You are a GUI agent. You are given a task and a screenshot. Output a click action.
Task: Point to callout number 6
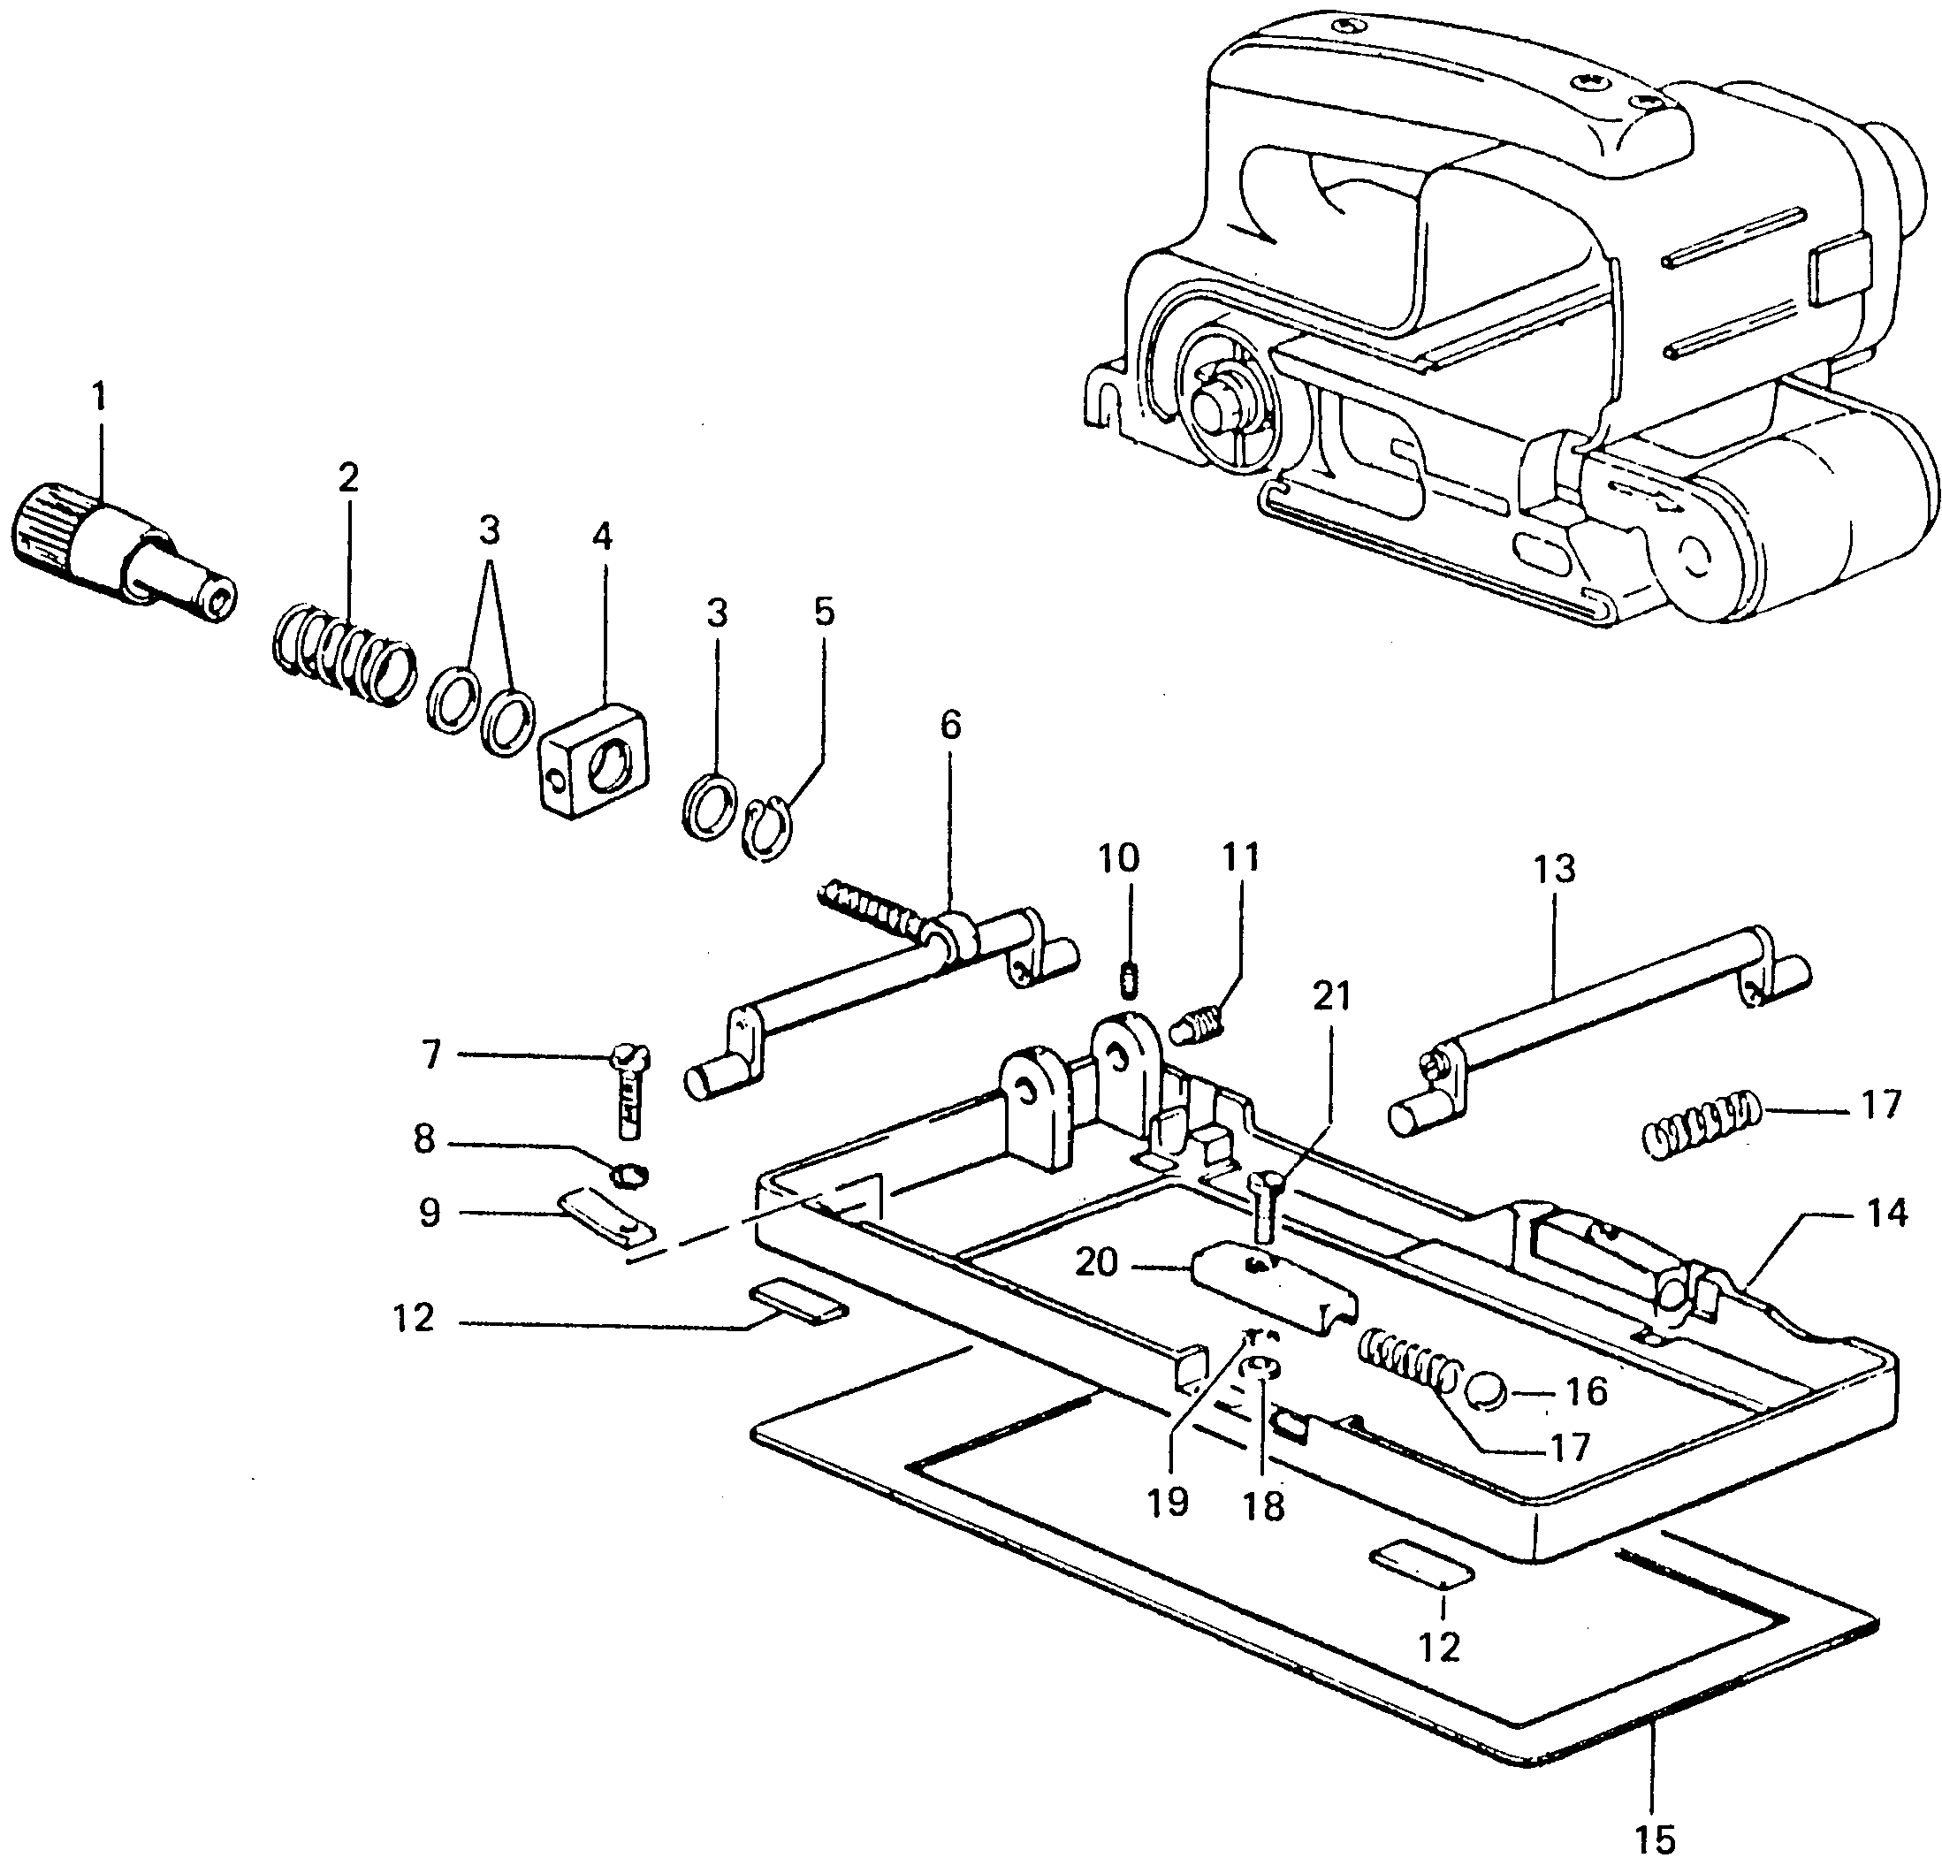[x=949, y=725]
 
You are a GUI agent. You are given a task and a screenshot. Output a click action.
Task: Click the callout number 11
[x=1240, y=857]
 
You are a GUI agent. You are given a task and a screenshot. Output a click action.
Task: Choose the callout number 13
[x=1553, y=870]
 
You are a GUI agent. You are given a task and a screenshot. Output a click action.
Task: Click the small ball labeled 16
[x=1488, y=1391]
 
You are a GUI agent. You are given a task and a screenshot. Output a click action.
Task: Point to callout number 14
[x=1885, y=1214]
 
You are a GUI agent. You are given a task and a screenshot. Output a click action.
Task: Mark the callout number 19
[x=1169, y=1503]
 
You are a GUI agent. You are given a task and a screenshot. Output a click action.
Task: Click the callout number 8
[x=425, y=1140]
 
